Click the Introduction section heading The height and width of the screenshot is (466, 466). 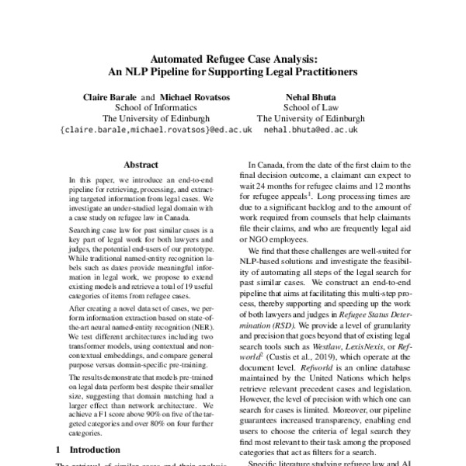coord(95,449)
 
